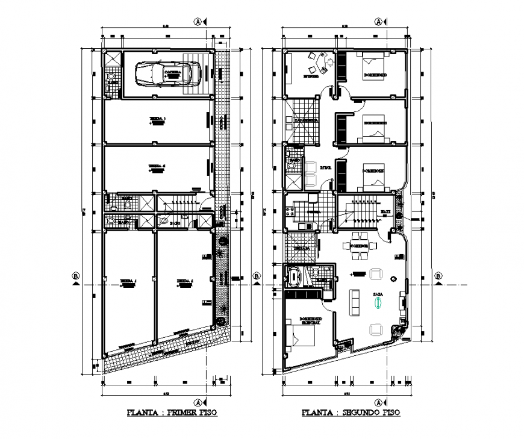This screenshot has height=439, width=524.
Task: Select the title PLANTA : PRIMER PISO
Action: click(x=172, y=413)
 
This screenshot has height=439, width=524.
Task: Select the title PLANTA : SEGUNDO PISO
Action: click(x=351, y=413)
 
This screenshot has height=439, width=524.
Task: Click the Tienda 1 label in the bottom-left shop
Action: click(x=128, y=282)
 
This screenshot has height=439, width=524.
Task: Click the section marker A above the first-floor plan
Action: click(x=197, y=22)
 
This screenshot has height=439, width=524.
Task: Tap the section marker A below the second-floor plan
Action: click(x=378, y=402)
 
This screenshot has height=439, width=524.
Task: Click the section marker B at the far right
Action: click(x=438, y=276)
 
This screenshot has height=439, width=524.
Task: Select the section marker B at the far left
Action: click(x=75, y=276)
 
